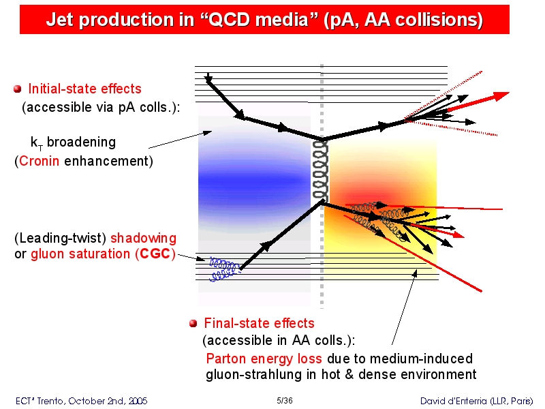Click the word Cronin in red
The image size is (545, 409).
[x=39, y=161]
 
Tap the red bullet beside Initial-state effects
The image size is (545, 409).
[x=18, y=89]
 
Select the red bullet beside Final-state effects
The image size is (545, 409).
[x=193, y=323]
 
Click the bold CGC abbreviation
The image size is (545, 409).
[x=155, y=254]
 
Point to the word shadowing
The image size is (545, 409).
[x=143, y=238]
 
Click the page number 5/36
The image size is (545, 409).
[x=284, y=401]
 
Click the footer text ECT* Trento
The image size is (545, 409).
[x=40, y=401]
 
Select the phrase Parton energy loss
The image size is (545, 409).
[x=264, y=359]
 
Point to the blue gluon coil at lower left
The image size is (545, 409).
[x=224, y=269]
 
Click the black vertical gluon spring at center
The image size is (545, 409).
[x=320, y=170]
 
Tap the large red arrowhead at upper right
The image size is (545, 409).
[x=501, y=95]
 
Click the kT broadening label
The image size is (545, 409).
[x=73, y=142]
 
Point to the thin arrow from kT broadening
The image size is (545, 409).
[x=180, y=140]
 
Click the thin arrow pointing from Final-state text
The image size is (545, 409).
[x=404, y=307]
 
